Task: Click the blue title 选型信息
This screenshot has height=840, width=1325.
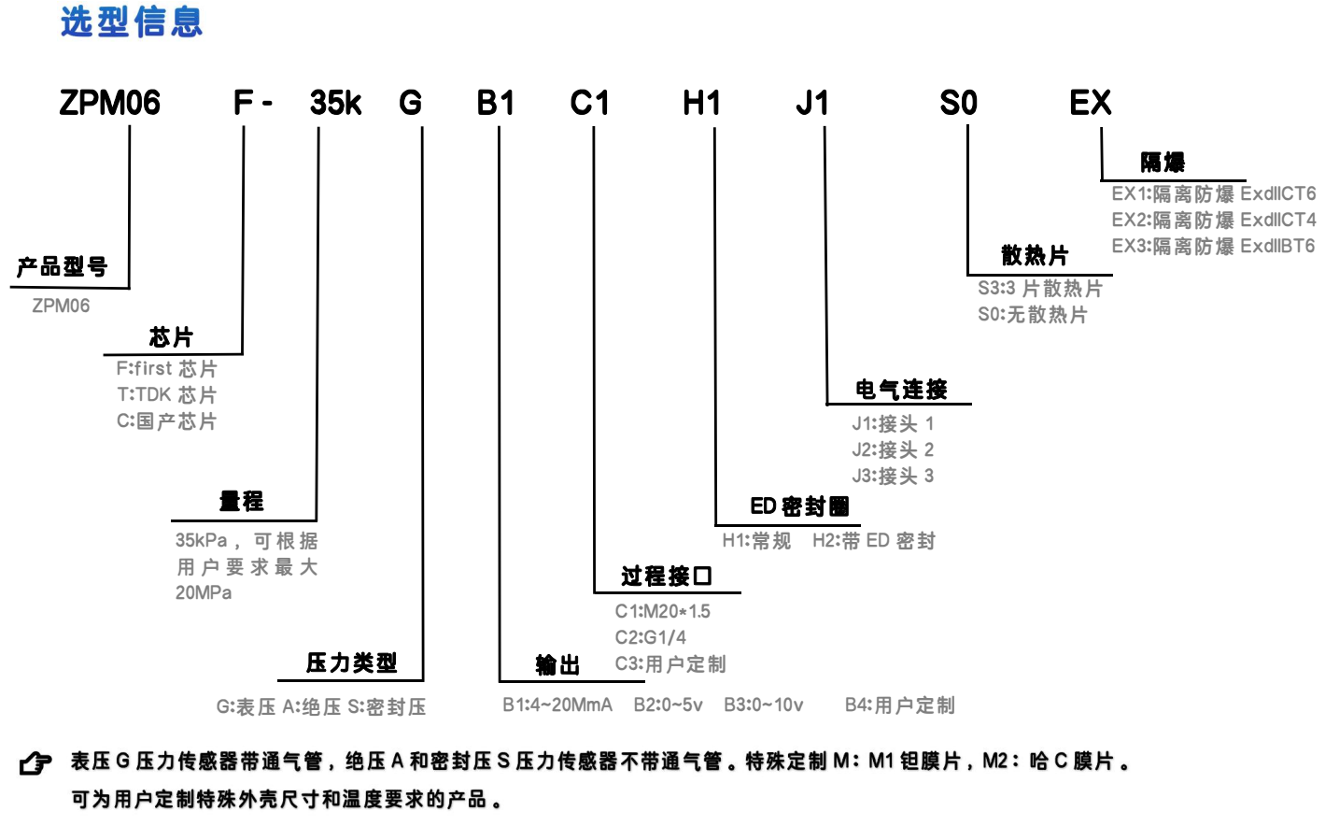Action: (x=132, y=21)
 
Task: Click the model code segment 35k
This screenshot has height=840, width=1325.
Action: (x=335, y=103)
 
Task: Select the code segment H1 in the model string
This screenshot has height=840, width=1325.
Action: (x=701, y=103)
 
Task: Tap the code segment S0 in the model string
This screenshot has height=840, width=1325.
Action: (x=958, y=103)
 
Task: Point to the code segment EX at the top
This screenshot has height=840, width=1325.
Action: (x=1091, y=103)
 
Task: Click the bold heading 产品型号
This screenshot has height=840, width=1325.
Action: (x=63, y=267)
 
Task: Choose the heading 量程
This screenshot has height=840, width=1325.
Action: (x=241, y=501)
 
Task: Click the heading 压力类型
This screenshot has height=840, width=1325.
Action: (x=351, y=663)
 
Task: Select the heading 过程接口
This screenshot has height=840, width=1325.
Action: (x=666, y=576)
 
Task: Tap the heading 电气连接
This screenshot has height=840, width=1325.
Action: (x=901, y=390)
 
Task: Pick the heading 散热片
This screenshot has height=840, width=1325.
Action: (x=1035, y=256)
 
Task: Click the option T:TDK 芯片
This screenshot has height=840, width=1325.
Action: (x=167, y=395)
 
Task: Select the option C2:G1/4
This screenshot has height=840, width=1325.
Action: (x=651, y=637)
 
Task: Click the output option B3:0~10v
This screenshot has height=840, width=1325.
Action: (x=764, y=705)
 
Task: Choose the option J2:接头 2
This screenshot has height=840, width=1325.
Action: (x=893, y=449)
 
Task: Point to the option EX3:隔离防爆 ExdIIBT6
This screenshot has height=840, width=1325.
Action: (x=1213, y=247)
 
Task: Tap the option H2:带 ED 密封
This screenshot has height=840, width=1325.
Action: (x=874, y=541)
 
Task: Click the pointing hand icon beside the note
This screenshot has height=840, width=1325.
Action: (x=35, y=762)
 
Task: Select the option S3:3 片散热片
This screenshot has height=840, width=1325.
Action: (x=1040, y=289)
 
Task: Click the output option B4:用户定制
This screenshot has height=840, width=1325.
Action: (x=900, y=705)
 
